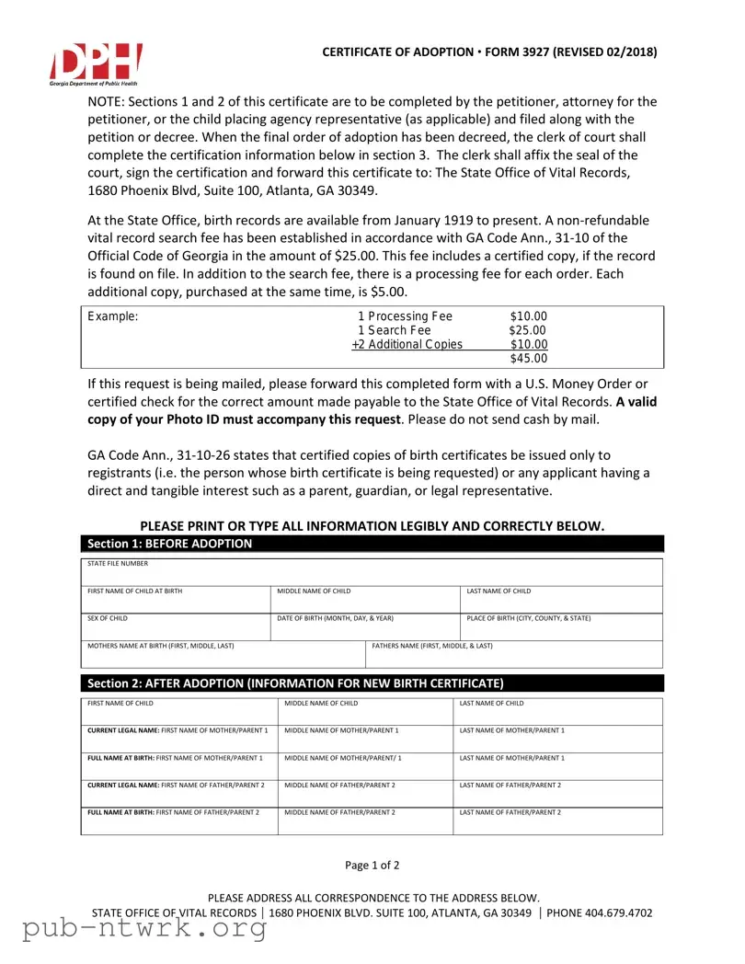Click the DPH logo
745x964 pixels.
96,63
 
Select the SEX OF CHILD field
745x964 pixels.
175,626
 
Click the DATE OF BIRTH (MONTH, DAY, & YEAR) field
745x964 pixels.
365,626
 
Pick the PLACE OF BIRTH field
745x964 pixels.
560,626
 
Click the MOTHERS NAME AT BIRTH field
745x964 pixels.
223,654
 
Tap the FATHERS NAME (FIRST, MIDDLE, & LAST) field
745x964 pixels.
514,654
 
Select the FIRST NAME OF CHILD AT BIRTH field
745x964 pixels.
175,599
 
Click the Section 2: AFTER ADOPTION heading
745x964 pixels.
294,683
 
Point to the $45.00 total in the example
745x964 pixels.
528,359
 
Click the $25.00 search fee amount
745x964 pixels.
528,330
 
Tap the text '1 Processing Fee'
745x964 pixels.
405,316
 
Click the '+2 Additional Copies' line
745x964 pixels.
407,345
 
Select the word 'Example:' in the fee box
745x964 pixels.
112,316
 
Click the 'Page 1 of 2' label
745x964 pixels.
372,865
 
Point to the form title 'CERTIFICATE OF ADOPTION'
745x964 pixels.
397,52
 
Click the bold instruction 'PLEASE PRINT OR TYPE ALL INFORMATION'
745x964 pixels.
372,525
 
